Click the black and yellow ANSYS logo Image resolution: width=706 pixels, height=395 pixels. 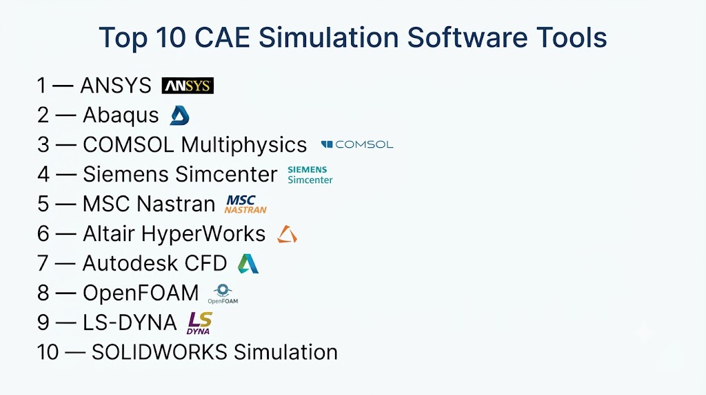188,86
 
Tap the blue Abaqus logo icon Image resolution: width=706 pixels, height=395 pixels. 180,115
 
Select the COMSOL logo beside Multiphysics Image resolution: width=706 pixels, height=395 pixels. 357,145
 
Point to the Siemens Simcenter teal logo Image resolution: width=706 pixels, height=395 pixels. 310,175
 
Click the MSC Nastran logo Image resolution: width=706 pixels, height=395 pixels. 245,204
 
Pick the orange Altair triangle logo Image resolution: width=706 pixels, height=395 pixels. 287,235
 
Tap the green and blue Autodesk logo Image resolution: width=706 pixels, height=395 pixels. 248,264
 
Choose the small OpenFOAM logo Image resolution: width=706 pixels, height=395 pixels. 223,294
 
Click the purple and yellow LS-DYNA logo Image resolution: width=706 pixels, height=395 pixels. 199,323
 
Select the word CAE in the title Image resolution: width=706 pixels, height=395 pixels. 222,37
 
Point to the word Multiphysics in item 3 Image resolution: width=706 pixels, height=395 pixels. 243,146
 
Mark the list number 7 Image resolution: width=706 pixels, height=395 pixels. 43,263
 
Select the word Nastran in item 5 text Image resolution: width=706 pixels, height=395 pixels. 176,204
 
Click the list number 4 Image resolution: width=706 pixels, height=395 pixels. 43,175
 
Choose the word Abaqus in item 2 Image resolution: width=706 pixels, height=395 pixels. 121,115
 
